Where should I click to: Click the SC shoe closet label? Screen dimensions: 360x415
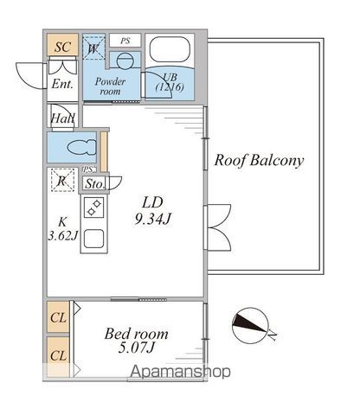[62, 47]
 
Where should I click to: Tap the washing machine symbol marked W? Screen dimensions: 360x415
[93, 48]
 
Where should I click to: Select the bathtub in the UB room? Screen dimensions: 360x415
[170, 49]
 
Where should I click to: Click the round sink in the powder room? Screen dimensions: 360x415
[125, 61]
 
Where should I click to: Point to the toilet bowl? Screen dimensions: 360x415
[82, 148]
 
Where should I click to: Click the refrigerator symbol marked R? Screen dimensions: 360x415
[62, 180]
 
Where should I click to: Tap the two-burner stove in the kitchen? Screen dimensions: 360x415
[94, 207]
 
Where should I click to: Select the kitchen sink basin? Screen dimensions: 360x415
[93, 239]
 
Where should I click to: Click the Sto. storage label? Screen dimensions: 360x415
[94, 184]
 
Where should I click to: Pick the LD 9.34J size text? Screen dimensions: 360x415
[153, 211]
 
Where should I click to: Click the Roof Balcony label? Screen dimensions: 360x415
[259, 160]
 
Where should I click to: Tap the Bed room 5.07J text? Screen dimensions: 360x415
[136, 341]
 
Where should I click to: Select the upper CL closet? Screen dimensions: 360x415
[58, 317]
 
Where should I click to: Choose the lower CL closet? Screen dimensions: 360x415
[58, 356]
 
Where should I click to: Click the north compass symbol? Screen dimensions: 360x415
[250, 326]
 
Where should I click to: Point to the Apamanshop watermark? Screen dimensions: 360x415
[181, 372]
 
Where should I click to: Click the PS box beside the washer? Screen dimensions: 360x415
[125, 41]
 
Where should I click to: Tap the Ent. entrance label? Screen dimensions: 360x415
[62, 84]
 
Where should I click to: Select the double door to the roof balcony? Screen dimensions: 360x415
[218, 227]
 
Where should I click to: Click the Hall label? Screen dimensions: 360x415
[62, 118]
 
